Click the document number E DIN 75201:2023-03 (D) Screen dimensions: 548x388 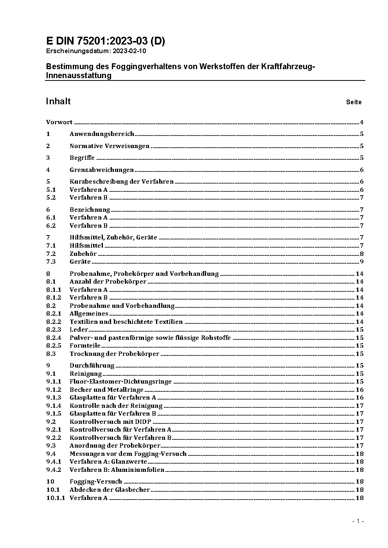pos(106,41)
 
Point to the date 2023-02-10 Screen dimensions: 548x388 pos(130,51)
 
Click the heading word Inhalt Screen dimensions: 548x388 pos(58,101)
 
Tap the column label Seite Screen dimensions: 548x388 pos(354,102)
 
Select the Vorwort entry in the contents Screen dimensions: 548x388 pos(59,122)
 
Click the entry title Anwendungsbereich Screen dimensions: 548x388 pos(102,134)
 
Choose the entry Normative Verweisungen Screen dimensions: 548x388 pos(110,146)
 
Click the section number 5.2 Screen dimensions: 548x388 pos(51,198)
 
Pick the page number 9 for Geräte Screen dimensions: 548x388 pos(362,262)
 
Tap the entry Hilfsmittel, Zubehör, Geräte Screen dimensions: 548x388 pos(113,237)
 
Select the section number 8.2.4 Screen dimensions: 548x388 pos(54,338)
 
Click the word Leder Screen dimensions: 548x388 pos(79,330)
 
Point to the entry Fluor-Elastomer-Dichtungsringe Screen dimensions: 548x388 pos(120,382)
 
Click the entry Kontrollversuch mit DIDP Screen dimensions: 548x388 pos(110,422)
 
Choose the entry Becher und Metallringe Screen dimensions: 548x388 pos(106,390)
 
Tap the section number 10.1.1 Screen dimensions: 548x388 pos(56,498)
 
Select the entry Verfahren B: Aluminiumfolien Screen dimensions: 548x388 pos(117,470)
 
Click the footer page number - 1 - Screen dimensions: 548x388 pos(358,521)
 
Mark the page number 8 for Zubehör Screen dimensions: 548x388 pos(362,254)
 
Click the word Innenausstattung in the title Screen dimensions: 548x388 pos(79,76)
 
